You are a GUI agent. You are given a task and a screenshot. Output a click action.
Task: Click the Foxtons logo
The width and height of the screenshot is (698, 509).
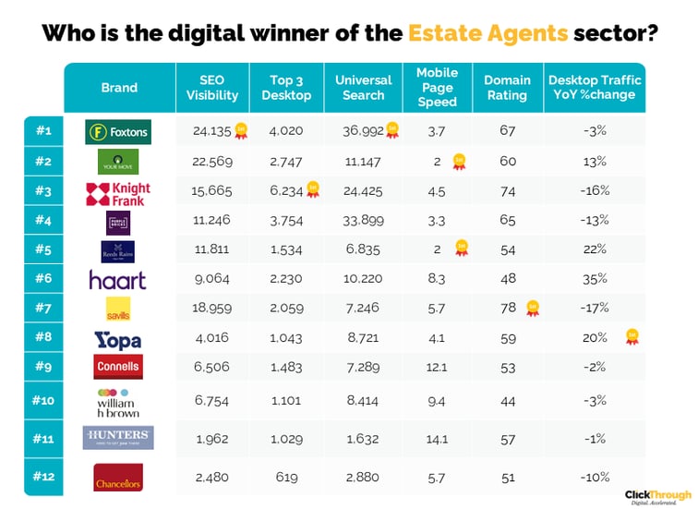[117, 131]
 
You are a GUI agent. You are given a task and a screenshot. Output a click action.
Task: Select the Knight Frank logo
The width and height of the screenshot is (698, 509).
[117, 193]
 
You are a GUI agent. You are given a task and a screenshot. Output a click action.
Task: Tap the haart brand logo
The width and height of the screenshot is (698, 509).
[117, 279]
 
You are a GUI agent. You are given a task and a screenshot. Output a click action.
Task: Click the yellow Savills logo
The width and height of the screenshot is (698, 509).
[117, 309]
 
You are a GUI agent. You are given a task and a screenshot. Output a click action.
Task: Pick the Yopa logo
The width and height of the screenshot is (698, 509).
[118, 340]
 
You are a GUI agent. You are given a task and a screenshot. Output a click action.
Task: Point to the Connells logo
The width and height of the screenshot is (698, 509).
[118, 366]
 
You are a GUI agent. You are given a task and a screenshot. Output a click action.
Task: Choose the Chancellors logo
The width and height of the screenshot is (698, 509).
[118, 478]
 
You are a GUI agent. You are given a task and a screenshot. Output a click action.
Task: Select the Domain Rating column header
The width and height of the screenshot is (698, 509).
[507, 88]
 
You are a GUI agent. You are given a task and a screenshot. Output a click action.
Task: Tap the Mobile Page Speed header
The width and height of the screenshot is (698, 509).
[437, 88]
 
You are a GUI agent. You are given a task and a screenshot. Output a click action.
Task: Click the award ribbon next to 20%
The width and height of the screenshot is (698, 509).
[632, 336]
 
